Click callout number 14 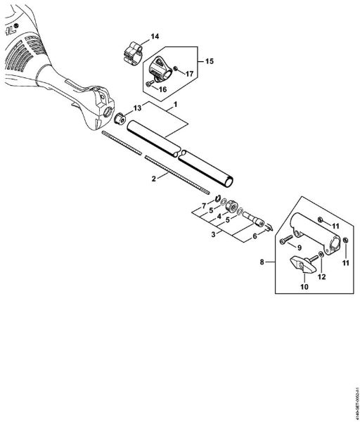(x=155, y=35)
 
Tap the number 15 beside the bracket (x=210, y=61)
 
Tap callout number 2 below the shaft (x=153, y=179)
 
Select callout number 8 (x=263, y=262)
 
